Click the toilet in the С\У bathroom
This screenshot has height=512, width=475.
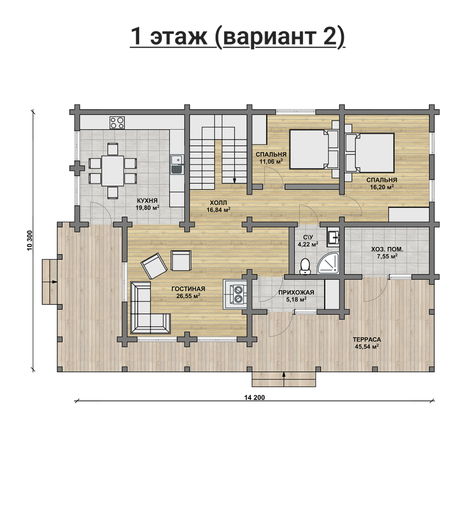coord(305,266)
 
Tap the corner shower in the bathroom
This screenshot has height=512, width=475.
coord(329,263)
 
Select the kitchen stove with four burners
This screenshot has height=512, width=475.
coord(117,123)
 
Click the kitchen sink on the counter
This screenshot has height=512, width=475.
coord(176,164)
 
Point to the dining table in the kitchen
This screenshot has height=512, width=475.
coord(113,171)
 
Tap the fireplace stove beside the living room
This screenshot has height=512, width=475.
coord(235,294)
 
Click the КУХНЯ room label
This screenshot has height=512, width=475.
coord(147,200)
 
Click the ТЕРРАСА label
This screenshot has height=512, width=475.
coord(367,339)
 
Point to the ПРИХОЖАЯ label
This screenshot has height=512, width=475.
coord(296,292)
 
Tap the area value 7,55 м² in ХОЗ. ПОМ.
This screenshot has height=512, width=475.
coord(387,256)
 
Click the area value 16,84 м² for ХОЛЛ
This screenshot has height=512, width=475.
coord(219,210)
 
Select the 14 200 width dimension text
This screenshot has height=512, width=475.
coord(255,397)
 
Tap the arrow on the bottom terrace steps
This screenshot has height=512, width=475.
coord(284,379)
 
